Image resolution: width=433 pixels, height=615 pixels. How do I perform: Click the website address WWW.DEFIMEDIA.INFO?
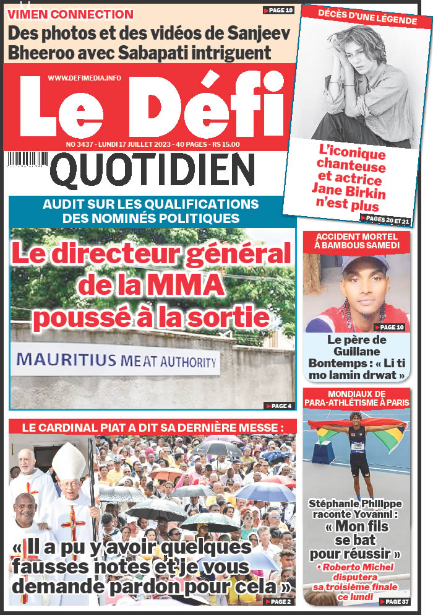(x=84, y=77)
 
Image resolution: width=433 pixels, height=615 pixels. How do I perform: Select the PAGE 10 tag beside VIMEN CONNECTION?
(x=278, y=11)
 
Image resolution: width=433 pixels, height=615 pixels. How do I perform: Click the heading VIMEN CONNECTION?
(x=72, y=14)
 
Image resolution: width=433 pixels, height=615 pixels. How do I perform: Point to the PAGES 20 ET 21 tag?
(x=385, y=219)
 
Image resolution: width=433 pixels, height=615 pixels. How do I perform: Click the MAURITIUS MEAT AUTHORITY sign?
(x=118, y=361)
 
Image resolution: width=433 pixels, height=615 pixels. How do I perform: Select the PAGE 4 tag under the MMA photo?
(x=278, y=406)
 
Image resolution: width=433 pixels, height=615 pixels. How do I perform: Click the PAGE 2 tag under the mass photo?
(x=278, y=601)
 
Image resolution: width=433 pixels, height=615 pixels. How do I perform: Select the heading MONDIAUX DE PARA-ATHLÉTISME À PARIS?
(x=356, y=398)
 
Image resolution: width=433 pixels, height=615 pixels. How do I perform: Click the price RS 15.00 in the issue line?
(x=226, y=144)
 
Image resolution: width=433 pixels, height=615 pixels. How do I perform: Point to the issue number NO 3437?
(x=79, y=144)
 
